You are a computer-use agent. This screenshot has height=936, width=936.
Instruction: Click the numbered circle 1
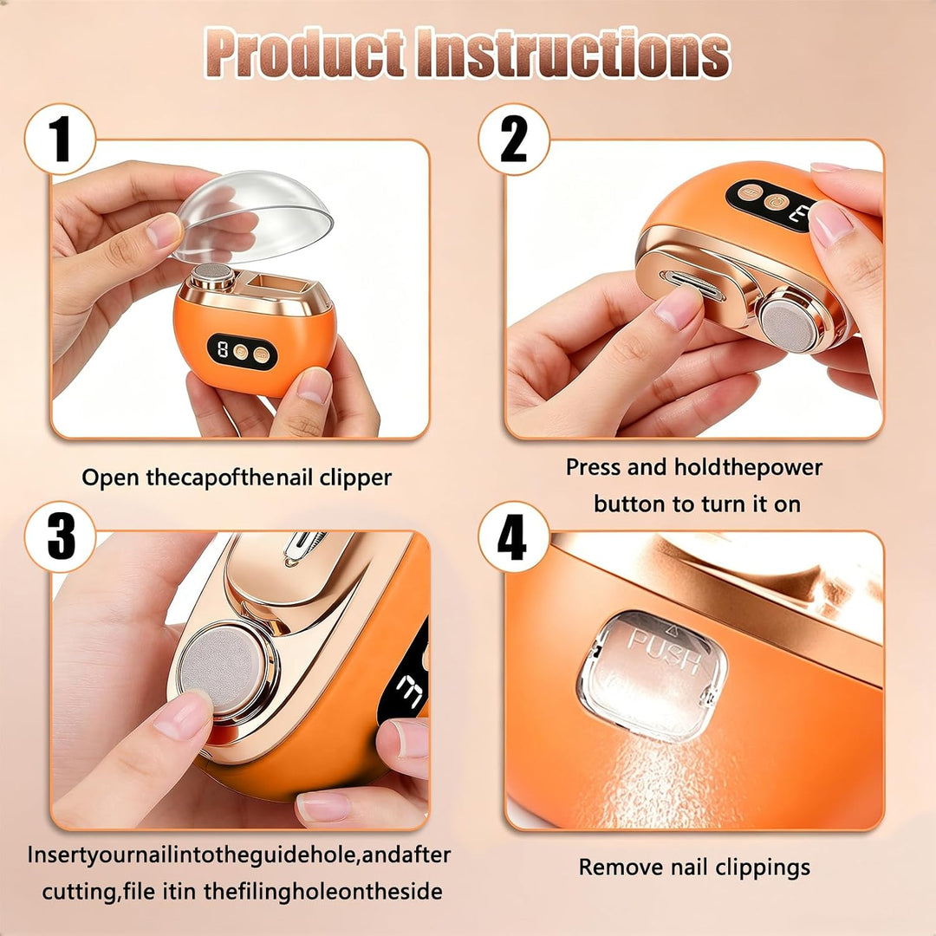click(x=60, y=139)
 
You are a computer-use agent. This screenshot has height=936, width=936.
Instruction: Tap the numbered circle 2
click(x=513, y=139)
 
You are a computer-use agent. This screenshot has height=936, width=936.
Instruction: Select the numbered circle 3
click(x=60, y=536)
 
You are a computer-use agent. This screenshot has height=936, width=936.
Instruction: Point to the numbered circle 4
click(x=513, y=536)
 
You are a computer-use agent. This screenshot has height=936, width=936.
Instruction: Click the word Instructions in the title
click(x=573, y=53)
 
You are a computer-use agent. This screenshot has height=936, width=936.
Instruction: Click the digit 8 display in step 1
click(x=223, y=349)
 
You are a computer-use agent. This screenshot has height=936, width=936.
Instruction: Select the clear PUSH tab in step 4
click(x=653, y=675)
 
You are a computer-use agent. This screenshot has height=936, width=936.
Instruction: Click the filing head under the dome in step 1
click(x=213, y=275)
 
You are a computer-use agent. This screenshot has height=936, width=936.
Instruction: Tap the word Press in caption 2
click(x=594, y=467)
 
